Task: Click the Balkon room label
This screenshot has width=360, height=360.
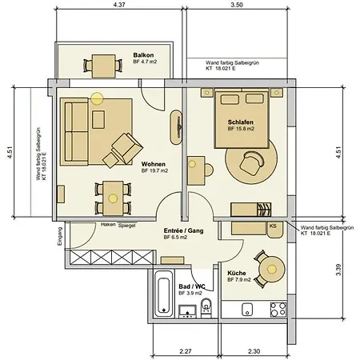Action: pos(144,55)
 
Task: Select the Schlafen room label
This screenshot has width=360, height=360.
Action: pos(241,122)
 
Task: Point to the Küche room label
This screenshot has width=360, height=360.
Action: pos(237,274)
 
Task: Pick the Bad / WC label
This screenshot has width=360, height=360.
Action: pos(191,286)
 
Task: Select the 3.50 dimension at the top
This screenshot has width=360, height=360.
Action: pos(235,6)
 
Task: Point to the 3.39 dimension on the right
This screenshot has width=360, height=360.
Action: pos(339,274)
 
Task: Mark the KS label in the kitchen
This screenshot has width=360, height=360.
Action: pos(273,226)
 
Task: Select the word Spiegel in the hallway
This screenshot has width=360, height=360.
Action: pos(126,226)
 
